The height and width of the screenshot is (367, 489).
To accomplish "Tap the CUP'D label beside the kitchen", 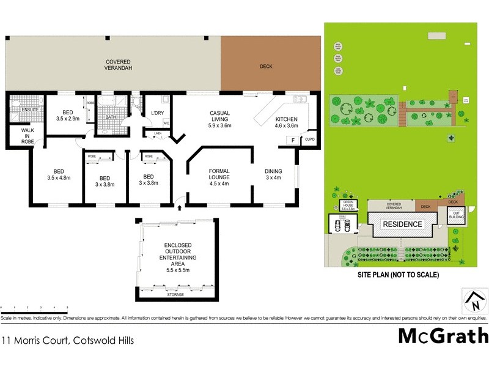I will coord(310,139).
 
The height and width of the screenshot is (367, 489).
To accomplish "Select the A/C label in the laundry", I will coord(166,123).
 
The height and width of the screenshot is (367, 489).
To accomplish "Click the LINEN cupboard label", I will coord(157,133).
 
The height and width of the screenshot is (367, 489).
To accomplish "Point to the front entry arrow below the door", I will coord(179,208).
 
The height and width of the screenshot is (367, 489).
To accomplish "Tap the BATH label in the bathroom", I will coord(111,117).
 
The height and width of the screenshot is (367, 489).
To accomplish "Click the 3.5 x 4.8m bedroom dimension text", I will coord(59,179).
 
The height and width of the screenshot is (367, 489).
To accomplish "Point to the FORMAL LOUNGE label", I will coord(218,175).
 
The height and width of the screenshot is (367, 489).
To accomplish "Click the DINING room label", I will coord(273,175).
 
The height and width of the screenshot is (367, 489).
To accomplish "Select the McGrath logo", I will coord(443,336).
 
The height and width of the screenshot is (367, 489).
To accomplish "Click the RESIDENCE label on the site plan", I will coord(402,224).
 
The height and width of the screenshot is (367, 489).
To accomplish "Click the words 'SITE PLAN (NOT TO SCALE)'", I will coord(398,275).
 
